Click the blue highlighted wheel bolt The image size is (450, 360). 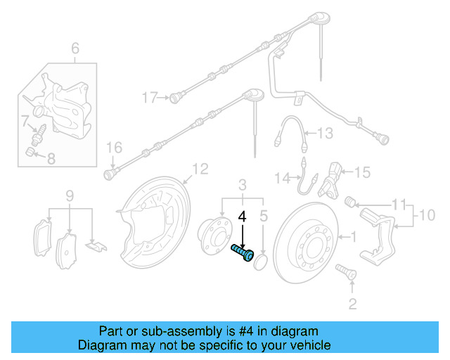(x=242, y=252)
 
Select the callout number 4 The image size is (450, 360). (x=243, y=218)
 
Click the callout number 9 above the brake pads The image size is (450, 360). (x=70, y=195)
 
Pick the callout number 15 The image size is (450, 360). (x=361, y=172)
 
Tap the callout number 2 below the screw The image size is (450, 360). (x=352, y=303)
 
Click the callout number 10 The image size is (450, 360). (x=427, y=213)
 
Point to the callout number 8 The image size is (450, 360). (x=51, y=159)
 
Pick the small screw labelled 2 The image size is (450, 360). (x=345, y=270)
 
